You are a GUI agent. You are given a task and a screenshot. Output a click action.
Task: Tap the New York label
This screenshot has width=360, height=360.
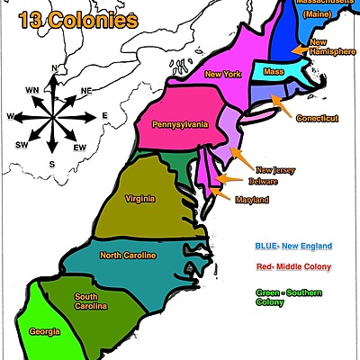[223, 74]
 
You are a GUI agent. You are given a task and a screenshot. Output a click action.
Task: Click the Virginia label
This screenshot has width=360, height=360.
[139, 198]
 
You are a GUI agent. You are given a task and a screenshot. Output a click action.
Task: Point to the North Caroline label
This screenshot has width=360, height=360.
[128, 256]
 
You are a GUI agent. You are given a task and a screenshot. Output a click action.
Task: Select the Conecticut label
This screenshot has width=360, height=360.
[317, 118]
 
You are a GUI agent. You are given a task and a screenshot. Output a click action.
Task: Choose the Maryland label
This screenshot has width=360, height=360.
[252, 200]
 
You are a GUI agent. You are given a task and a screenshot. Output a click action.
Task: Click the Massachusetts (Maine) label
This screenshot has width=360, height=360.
[328, 9]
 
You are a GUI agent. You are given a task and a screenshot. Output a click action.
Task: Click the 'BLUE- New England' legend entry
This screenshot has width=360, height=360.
[289, 246]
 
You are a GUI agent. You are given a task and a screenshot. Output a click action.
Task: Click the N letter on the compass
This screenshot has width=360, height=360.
[54, 68]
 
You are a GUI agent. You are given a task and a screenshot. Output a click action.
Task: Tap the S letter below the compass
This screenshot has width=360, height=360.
[53, 163]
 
